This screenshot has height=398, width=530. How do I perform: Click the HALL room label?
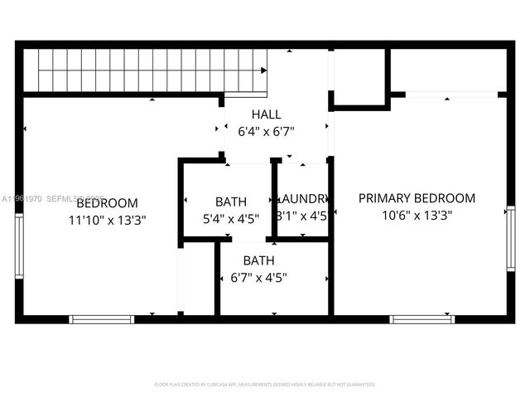click(x=266, y=114)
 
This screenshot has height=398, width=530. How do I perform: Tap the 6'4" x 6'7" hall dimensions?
click(x=266, y=131)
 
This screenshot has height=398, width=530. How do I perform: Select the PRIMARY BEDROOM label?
click(x=417, y=198)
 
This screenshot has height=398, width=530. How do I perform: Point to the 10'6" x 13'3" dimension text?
click(x=417, y=215)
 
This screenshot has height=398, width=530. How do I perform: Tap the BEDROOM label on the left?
click(x=107, y=203)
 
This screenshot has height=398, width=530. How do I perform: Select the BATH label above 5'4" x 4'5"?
click(x=230, y=201)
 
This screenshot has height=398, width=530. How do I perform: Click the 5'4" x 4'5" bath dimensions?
click(x=230, y=218)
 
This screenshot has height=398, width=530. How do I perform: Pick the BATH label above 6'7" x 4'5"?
click(x=258, y=260)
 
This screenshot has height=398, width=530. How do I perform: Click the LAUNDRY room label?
click(x=305, y=199)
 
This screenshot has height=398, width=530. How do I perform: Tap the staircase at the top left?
click(x=145, y=70)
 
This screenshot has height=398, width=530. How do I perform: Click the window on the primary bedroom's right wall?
click(x=510, y=240)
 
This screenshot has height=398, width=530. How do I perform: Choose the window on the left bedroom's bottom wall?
click(x=101, y=318)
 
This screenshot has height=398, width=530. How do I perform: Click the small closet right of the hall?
click(x=359, y=76)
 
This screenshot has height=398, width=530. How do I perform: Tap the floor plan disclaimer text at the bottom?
click(x=265, y=385)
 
